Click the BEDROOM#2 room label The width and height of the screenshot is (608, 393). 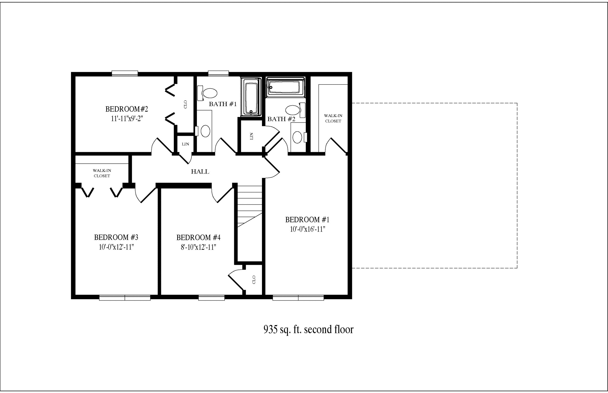[127, 109]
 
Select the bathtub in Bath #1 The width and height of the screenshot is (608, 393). [251, 97]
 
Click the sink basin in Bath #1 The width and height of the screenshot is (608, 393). [205, 131]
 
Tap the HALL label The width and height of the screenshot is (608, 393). [200, 172]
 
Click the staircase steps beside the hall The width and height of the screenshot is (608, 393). [250, 206]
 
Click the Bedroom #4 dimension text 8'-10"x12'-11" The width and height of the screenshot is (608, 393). [198, 247]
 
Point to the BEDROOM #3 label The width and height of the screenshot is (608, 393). [116, 237]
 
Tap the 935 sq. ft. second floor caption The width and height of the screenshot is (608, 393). [309, 329]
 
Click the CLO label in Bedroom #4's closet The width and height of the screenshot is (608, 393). [254, 280]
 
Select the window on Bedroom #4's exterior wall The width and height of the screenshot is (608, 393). [211, 298]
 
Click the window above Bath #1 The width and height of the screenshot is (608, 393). [218, 74]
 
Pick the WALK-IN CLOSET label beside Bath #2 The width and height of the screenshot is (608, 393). [333, 118]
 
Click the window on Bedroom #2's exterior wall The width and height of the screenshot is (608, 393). [125, 74]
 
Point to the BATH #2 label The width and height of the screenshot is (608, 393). [281, 119]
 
